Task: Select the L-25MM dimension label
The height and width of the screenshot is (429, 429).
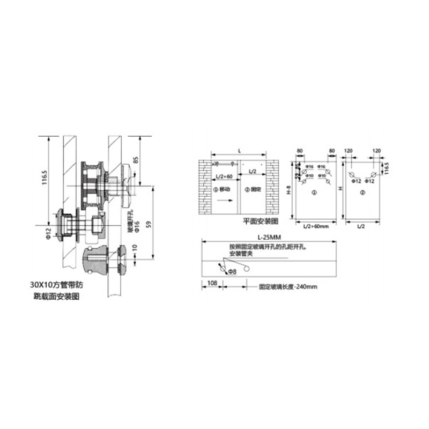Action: tap(269, 238)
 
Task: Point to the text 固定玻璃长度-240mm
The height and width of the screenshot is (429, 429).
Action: tap(288, 287)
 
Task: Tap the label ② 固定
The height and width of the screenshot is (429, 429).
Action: tap(253, 189)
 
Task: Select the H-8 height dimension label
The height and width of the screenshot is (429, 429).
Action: tap(289, 190)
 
